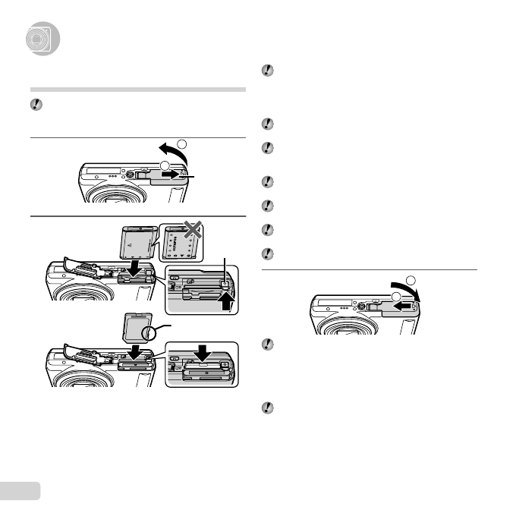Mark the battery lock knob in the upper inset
(223, 285)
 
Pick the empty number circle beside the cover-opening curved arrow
(181, 142)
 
